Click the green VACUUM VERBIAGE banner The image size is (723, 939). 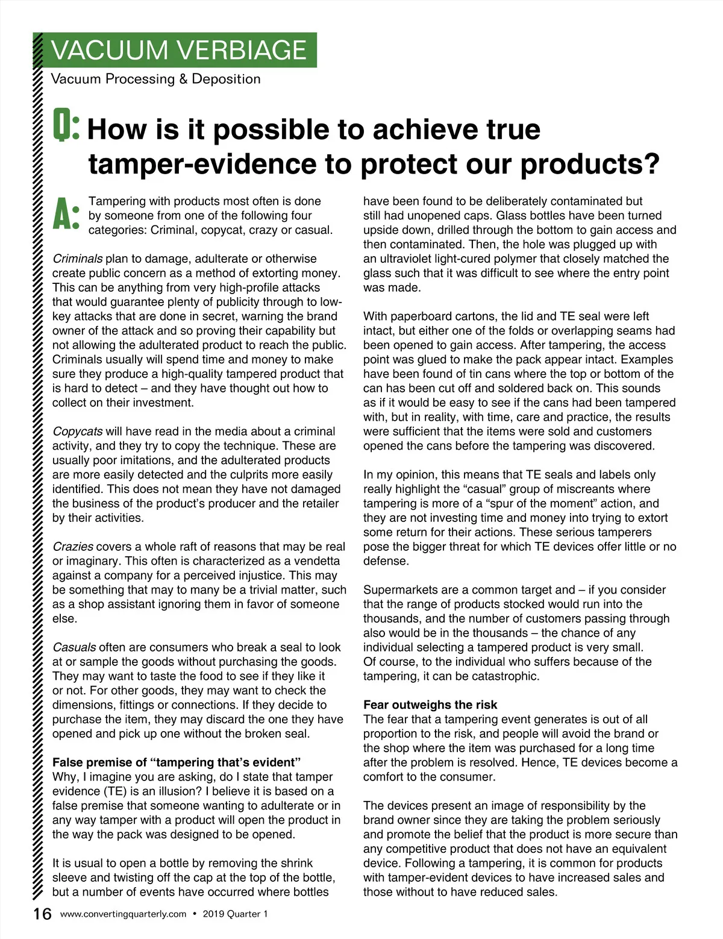[179, 50]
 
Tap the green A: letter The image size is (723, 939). [66, 214]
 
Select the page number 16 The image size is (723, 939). [42, 914]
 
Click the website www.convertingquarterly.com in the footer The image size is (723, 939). [124, 914]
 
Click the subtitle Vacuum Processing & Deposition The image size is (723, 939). [156, 79]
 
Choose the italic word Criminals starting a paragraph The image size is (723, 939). [78, 259]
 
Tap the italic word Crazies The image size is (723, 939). [73, 547]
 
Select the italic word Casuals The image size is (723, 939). [74, 647]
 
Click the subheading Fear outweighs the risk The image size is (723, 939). [430, 705]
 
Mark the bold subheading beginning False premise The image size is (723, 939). [177, 762]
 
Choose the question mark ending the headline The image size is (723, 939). [650, 164]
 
